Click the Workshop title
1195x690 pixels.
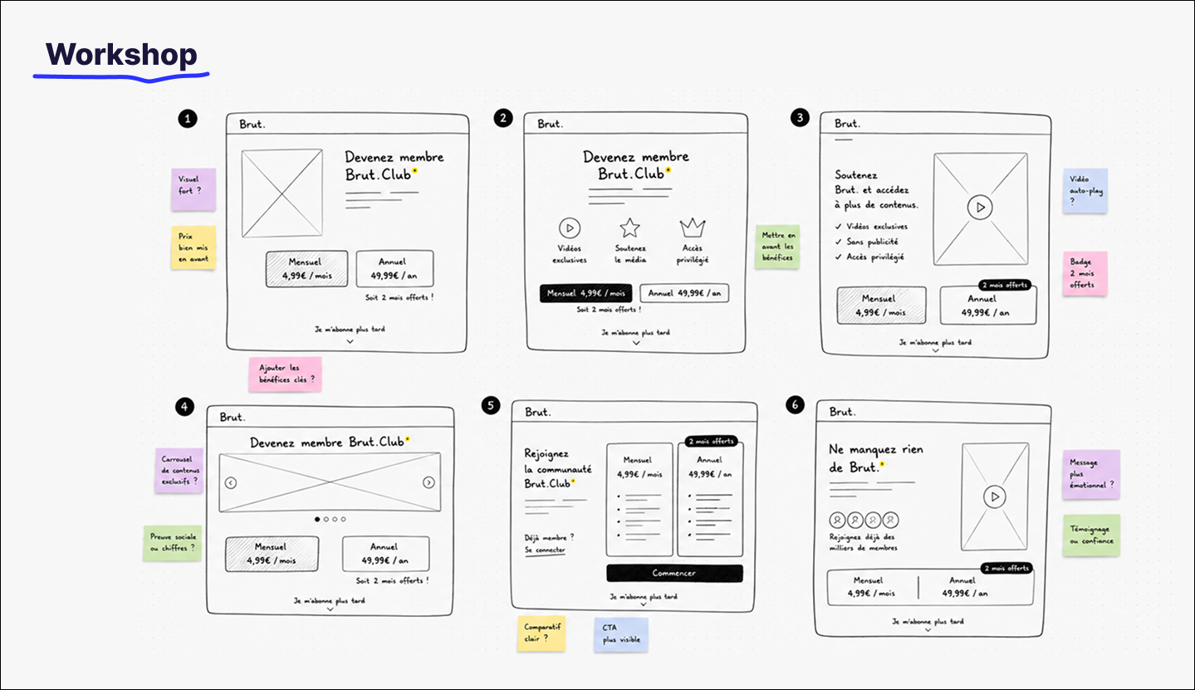click(121, 55)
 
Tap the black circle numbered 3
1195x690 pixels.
click(799, 118)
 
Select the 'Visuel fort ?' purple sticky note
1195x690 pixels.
click(193, 189)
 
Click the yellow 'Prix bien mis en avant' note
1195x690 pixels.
click(193, 247)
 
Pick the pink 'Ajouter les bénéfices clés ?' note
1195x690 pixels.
click(286, 374)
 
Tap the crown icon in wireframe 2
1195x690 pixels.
click(693, 228)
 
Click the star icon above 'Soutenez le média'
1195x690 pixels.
click(630, 228)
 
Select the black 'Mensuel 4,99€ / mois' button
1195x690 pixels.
click(585, 293)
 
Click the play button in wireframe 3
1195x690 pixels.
click(980, 208)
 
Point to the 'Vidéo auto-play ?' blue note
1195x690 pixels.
click(1085, 191)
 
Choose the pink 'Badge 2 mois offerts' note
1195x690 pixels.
click(1085, 273)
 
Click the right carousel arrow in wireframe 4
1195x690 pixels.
click(429, 482)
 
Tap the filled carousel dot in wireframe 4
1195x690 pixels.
click(317, 519)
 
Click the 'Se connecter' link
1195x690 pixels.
click(545, 550)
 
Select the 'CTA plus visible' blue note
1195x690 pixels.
click(621, 634)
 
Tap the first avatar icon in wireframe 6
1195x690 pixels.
click(838, 519)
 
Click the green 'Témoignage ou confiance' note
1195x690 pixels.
click(1091, 536)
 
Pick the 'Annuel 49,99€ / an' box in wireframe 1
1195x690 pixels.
click(394, 269)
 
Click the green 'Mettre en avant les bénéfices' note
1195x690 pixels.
click(777, 247)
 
